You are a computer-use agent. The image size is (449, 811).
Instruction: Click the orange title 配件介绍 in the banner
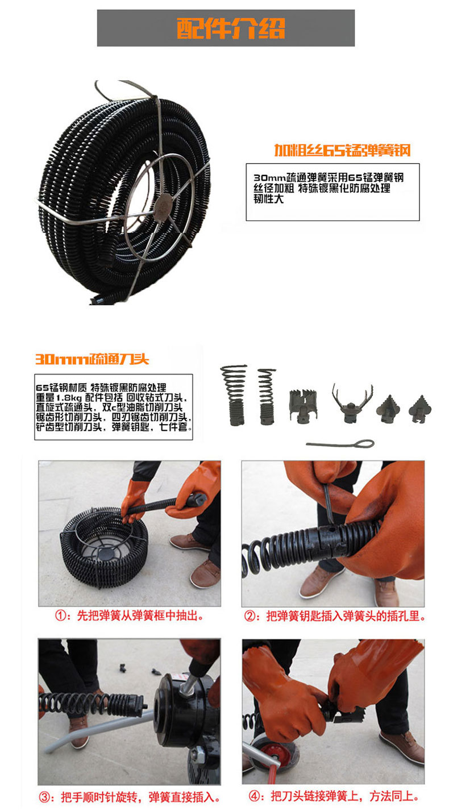click(231, 28)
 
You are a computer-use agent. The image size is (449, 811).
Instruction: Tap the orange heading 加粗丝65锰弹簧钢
click(342, 150)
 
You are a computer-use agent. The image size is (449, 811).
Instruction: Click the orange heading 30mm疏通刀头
click(92, 359)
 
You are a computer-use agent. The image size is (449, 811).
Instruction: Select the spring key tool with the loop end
click(340, 443)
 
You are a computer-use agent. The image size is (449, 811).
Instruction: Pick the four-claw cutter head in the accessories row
click(353, 404)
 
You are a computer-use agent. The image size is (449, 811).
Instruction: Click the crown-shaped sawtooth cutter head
click(303, 405)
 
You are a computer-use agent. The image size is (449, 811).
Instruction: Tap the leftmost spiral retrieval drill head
click(235, 394)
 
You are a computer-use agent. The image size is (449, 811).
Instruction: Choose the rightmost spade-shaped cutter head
click(420, 409)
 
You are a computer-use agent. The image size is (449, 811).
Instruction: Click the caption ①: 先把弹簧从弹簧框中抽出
click(129, 615)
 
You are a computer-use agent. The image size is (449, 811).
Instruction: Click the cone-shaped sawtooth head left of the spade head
click(388, 409)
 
